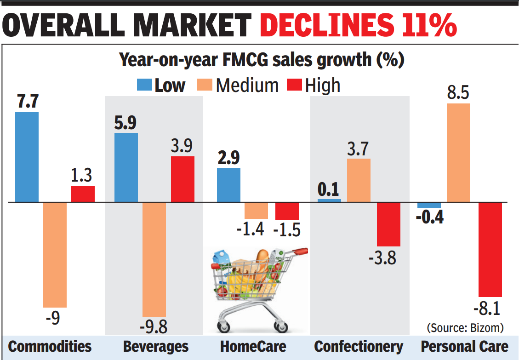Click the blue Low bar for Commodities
tap(27, 157)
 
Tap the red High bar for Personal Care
tap(490, 249)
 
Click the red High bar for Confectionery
tap(389, 224)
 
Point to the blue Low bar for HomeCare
tap(228, 185)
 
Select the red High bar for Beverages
tap(183, 179)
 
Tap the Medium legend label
tap(247, 86)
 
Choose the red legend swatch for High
tap(295, 85)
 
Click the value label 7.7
tap(27, 102)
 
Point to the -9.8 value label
tap(154, 327)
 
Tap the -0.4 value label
tap(429, 217)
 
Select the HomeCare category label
tap(253, 346)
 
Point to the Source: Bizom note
tap(465, 327)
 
